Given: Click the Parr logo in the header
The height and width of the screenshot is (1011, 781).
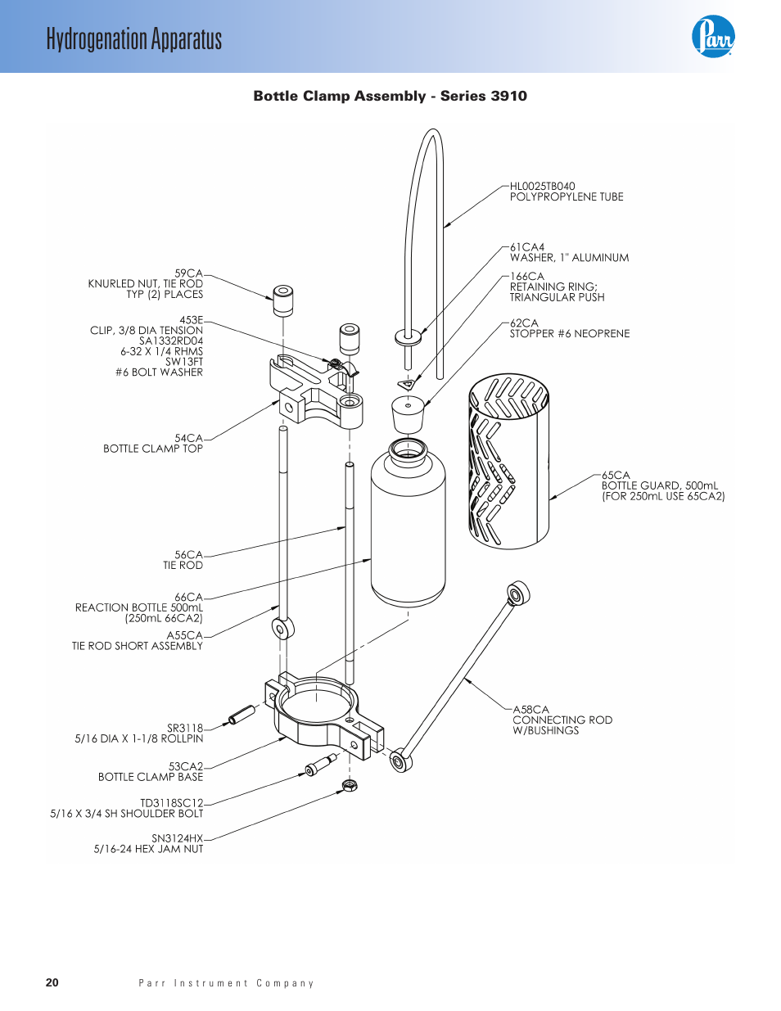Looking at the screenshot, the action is click(712, 37).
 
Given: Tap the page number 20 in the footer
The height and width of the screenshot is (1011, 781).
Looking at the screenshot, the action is click(52, 982).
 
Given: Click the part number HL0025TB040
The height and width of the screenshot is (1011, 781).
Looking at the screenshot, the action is click(543, 186).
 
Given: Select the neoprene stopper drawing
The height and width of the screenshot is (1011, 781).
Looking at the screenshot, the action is click(408, 414).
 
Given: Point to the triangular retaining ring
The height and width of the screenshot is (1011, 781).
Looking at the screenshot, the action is click(407, 384).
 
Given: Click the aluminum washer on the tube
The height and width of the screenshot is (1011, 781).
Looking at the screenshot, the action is click(408, 336).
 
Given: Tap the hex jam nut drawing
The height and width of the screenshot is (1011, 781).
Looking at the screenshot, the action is click(350, 786).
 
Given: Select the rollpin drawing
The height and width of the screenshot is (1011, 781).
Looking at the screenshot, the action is click(241, 715).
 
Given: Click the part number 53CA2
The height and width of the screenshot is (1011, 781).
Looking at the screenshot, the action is click(186, 766).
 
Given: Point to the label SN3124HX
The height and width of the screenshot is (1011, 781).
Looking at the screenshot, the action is click(177, 838).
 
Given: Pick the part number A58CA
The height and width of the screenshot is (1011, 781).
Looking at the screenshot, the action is click(530, 710).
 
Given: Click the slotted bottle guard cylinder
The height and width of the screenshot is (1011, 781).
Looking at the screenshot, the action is click(509, 461).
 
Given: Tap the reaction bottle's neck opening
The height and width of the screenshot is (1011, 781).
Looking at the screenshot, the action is click(408, 449).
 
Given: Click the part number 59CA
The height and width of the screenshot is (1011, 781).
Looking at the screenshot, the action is click(189, 273).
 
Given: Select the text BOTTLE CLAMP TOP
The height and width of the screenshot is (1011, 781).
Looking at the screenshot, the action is click(153, 449).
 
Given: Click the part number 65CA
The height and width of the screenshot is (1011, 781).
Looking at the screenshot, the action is click(616, 475).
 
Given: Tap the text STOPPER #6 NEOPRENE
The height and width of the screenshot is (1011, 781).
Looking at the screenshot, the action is click(570, 333).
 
